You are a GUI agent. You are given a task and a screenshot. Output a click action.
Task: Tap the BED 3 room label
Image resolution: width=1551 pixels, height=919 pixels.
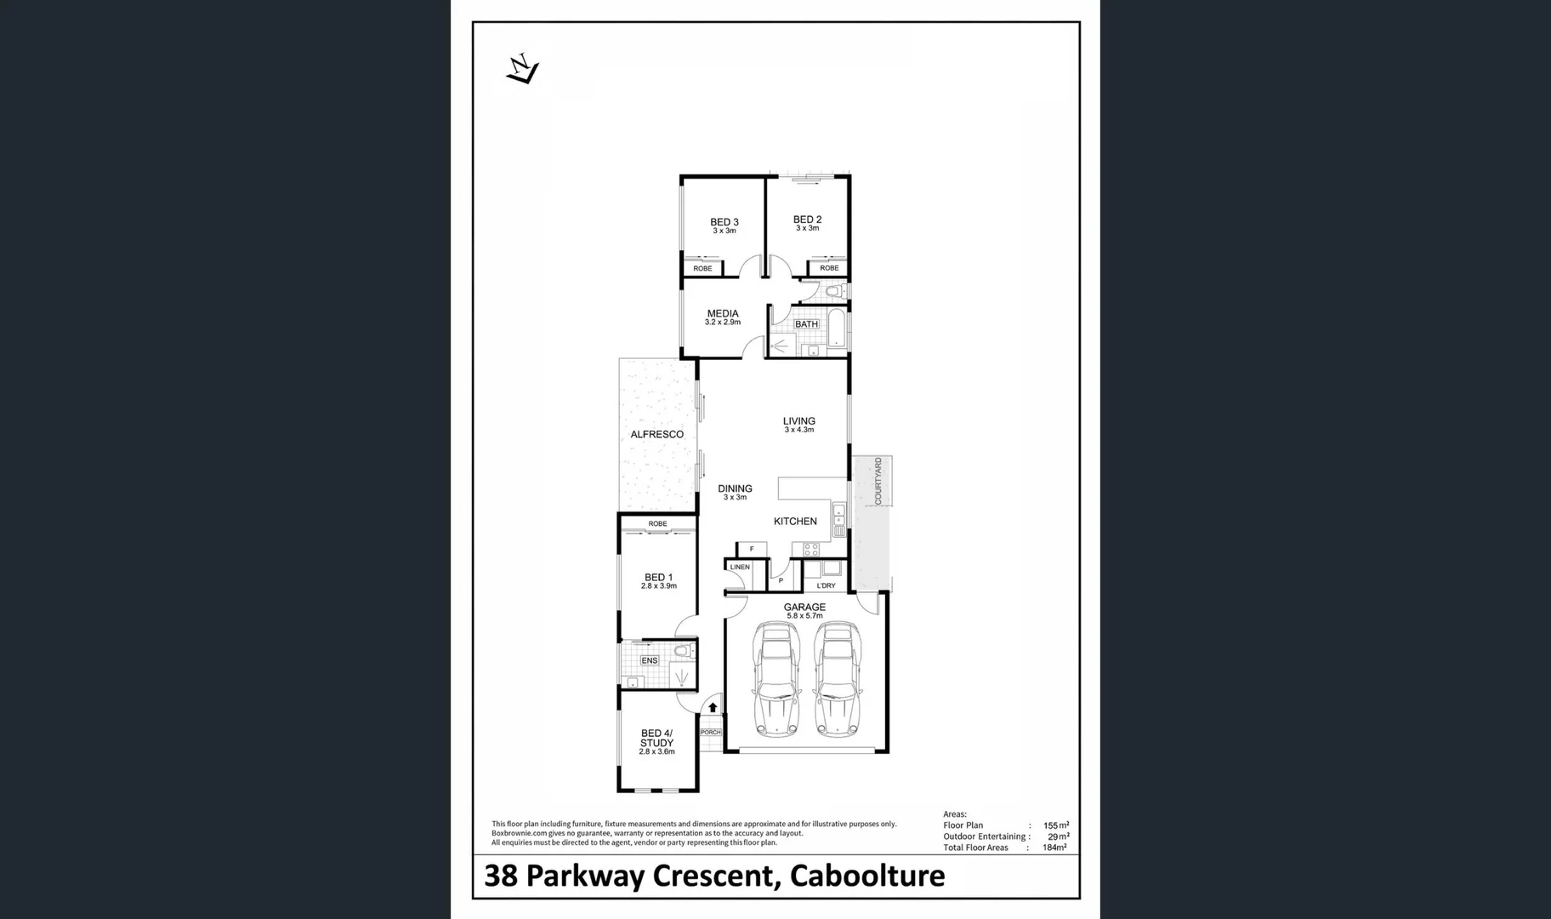pyautogui.click(x=724, y=223)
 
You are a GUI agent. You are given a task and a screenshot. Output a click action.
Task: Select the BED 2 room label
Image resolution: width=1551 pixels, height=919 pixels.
pyautogui.click(x=807, y=220)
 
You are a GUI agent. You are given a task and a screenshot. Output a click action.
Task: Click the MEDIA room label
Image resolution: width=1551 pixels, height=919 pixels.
pyautogui.click(x=723, y=314)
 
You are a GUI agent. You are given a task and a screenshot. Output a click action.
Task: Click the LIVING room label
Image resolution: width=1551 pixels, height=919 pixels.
pyautogui.click(x=798, y=421)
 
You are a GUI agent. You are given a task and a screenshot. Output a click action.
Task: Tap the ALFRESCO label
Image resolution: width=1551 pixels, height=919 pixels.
pyautogui.click(x=656, y=435)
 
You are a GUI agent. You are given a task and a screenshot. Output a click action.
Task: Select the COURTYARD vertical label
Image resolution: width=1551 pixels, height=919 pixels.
pyautogui.click(x=878, y=481)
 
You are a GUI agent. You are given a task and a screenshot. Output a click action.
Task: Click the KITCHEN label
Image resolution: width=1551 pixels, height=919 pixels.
pyautogui.click(x=795, y=522)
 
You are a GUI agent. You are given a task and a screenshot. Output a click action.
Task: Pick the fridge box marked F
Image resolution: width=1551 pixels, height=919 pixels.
pyautogui.click(x=752, y=549)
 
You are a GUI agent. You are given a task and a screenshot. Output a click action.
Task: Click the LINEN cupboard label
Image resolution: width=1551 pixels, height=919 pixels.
pyautogui.click(x=740, y=567)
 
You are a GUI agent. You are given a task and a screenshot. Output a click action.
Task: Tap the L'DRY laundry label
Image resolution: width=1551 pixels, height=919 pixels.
pyautogui.click(x=826, y=585)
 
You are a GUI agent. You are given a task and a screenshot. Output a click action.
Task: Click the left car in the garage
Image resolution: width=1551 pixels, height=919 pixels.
pyautogui.click(x=776, y=679)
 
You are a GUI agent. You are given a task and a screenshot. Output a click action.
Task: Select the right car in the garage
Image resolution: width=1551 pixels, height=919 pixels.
pyautogui.click(x=838, y=679)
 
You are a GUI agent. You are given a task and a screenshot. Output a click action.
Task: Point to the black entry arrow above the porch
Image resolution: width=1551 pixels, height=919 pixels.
pyautogui.click(x=713, y=707)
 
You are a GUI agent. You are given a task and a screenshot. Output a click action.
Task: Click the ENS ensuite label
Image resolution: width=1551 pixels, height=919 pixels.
pyautogui.click(x=649, y=660)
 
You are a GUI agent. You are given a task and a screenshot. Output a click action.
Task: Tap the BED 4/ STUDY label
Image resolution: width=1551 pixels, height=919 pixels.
pyautogui.click(x=656, y=738)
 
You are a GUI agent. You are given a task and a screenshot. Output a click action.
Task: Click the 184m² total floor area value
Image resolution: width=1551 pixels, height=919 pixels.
pyautogui.click(x=1054, y=848)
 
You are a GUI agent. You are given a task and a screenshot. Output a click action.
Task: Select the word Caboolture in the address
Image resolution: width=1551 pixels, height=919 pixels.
pyautogui.click(x=867, y=876)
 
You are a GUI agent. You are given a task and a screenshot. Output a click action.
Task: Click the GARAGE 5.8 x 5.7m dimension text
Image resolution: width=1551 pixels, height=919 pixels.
pyautogui.click(x=804, y=616)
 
